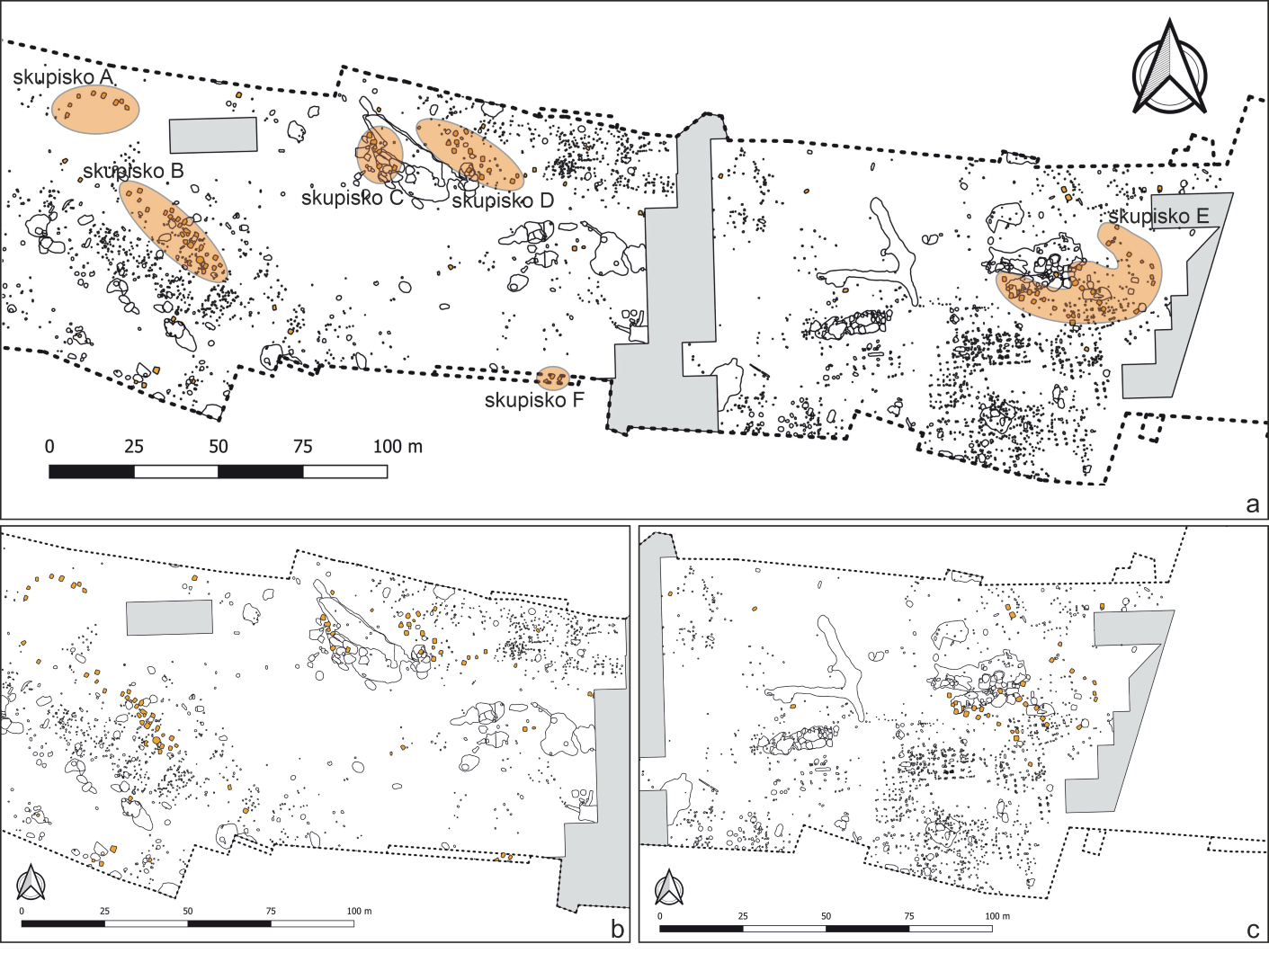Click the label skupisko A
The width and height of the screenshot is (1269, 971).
[x=63, y=77]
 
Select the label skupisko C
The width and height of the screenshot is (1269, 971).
[x=352, y=198]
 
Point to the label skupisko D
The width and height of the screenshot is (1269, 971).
[x=503, y=200]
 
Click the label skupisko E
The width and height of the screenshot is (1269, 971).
[x=1158, y=217]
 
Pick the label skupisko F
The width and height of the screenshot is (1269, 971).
[x=534, y=400]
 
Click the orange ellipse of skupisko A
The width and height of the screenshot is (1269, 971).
[x=95, y=110]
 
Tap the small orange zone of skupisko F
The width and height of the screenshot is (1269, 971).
[x=551, y=378]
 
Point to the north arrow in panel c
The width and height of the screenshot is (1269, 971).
[x=668, y=887]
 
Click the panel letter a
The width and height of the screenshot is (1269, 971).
[x=1252, y=504]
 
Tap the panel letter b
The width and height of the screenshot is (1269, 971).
[x=617, y=929]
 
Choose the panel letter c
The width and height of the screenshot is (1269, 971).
[x=1253, y=930]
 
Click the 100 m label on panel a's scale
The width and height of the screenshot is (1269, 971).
[x=398, y=446]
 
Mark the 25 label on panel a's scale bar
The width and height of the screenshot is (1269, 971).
[x=133, y=446]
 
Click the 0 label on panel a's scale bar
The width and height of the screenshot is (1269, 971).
[x=49, y=446]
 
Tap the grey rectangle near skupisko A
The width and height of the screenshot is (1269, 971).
[x=214, y=135]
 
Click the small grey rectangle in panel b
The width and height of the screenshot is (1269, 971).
[x=170, y=618]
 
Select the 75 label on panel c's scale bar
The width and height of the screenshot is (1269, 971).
[x=909, y=916]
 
